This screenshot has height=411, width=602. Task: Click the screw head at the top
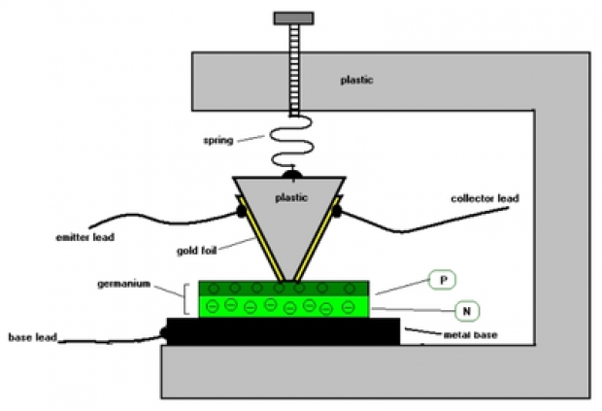coord(294,17)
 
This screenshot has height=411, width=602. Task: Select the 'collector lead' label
coord(485,199)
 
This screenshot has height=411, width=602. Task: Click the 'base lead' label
coord(34,338)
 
